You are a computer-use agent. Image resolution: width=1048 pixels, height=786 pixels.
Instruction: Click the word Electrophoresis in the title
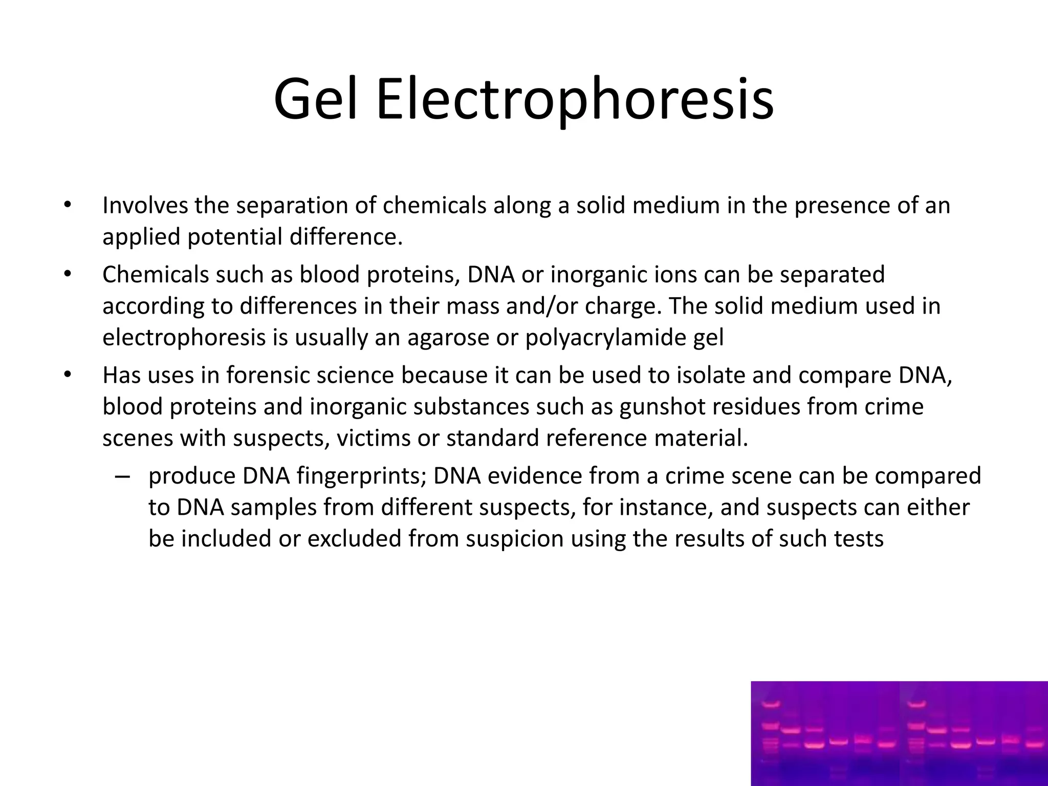pyautogui.click(x=574, y=100)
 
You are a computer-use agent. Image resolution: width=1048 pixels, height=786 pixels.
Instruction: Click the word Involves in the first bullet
pyautogui.click(x=144, y=206)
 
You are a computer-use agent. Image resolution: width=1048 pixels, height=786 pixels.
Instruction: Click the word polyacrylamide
pyautogui.click(x=623, y=338)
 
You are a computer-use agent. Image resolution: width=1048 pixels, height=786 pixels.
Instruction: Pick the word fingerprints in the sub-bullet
pyautogui.click(x=361, y=476)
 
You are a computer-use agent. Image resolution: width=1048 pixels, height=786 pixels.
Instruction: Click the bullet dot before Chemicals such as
pyautogui.click(x=66, y=275)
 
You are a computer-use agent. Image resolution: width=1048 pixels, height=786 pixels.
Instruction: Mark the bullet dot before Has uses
pyautogui.click(x=66, y=376)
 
